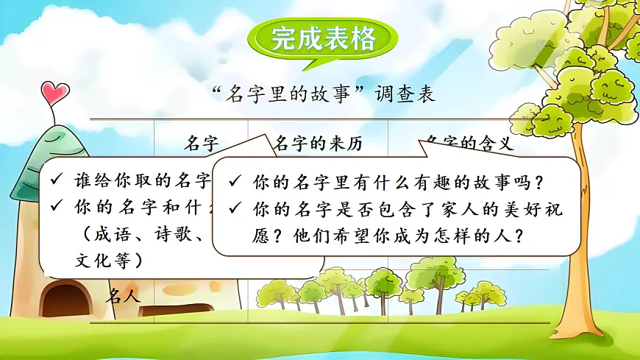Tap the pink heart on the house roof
54,93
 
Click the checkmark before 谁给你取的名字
57,180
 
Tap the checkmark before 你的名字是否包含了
234,209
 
